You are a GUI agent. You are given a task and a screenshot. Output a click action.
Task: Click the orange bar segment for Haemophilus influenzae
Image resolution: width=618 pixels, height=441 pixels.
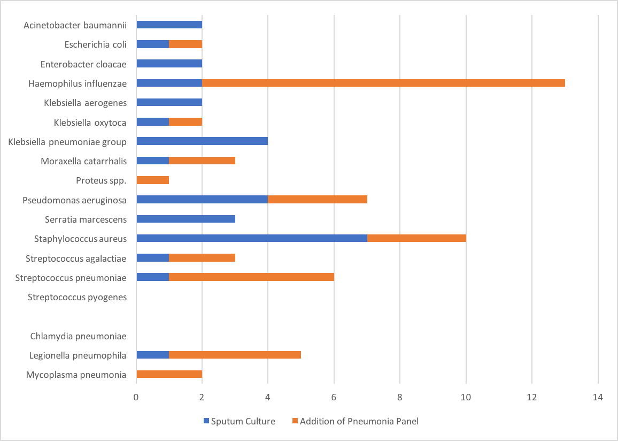(x=383, y=83)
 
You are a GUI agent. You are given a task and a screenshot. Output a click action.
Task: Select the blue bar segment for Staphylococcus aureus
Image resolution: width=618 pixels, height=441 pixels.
(x=252, y=238)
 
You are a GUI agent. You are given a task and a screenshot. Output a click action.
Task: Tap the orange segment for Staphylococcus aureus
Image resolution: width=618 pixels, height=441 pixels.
(x=416, y=238)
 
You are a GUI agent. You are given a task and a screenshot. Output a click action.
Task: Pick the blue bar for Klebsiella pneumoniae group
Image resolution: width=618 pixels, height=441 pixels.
(x=202, y=141)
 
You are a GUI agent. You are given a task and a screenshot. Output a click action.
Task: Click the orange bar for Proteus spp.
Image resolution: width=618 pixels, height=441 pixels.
(x=153, y=180)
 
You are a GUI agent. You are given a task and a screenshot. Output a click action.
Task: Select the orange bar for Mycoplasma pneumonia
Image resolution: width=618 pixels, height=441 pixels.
(x=169, y=374)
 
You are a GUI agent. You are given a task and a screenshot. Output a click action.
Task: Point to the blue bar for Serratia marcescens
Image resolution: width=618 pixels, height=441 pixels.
(x=186, y=219)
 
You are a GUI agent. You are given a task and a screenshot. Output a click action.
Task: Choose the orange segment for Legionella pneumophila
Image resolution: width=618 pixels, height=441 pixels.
(x=235, y=355)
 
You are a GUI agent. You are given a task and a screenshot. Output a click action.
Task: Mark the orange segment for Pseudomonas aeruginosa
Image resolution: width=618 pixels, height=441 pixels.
(x=318, y=200)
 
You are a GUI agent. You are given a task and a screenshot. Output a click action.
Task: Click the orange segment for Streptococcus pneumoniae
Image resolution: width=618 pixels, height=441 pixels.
(x=252, y=277)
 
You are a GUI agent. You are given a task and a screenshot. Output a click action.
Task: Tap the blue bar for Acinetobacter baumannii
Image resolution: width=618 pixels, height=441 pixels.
(x=169, y=25)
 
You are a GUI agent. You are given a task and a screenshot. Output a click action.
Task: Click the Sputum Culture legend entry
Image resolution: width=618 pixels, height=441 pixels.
(x=240, y=421)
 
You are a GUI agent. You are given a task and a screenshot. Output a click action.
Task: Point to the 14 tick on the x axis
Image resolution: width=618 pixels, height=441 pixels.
(x=598, y=398)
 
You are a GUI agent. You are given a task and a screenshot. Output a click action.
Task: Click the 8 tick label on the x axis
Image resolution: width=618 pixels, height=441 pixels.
(x=400, y=398)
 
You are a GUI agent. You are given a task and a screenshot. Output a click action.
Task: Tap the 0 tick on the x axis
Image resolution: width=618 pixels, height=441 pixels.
(x=136, y=398)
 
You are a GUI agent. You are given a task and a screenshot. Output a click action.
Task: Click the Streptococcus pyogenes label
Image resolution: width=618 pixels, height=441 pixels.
(x=77, y=297)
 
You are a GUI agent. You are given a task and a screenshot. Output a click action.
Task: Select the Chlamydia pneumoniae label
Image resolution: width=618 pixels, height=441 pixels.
(x=78, y=336)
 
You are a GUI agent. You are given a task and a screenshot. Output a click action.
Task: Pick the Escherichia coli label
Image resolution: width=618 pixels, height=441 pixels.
(x=95, y=44)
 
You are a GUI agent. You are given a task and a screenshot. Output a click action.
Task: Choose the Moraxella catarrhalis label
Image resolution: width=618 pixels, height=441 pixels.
(x=83, y=161)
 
